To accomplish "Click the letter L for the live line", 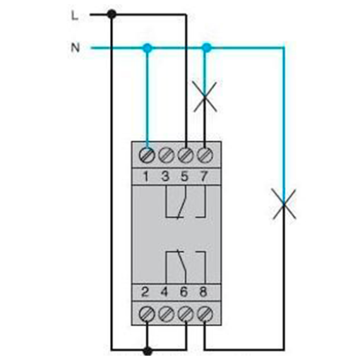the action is (75, 16).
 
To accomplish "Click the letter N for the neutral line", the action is (76, 48).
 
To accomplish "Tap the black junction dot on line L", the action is (112, 14).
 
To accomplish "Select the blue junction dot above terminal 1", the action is (148, 48).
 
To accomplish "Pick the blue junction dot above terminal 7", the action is (207, 48).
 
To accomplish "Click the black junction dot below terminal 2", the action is (148, 352).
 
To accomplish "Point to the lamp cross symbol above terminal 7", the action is (205, 97).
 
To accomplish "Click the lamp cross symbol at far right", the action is (284, 204).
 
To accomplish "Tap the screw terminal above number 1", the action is (147, 155).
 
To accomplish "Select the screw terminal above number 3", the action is (166, 155).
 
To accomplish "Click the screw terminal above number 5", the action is (186, 155).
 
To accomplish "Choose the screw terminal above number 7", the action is (205, 155).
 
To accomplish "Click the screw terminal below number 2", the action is (147, 314).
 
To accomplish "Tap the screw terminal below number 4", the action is (166, 314).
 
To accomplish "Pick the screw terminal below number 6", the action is (186, 314).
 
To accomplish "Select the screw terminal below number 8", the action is (205, 314).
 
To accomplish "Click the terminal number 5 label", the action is (185, 176).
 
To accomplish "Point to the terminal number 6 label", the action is (184, 292).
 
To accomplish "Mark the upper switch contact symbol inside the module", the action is (186, 202).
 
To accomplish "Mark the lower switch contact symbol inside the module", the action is (186, 267).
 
